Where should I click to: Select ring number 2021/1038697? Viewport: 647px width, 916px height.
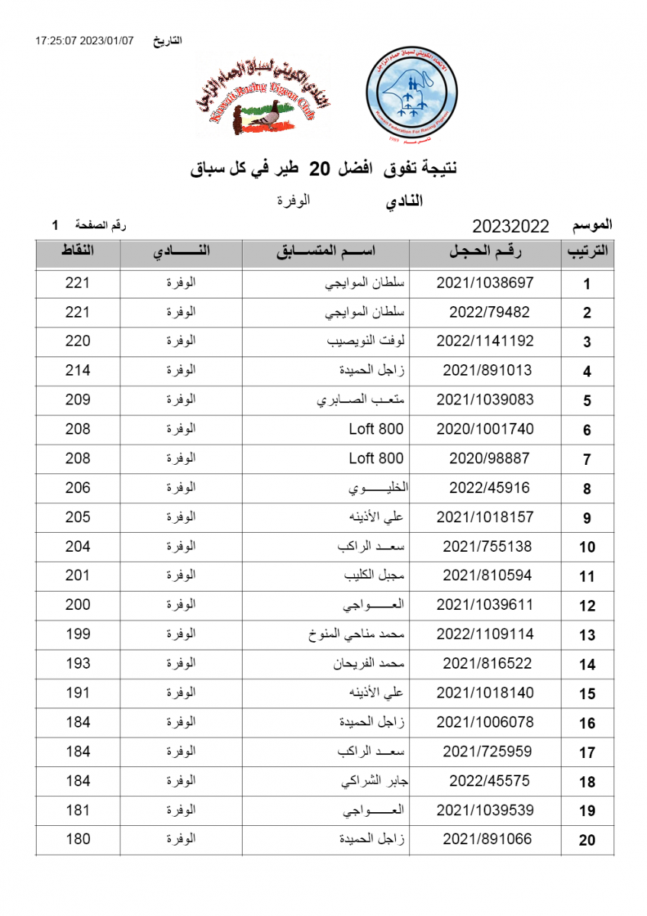point(484,283)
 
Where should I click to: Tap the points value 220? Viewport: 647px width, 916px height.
point(78,341)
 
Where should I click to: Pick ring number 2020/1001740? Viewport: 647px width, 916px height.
point(484,429)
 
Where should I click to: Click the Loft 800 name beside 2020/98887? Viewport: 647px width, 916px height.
point(376,459)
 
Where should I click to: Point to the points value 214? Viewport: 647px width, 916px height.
point(78,370)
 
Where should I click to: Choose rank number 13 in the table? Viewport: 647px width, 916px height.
point(587,635)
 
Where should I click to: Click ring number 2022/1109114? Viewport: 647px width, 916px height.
point(484,634)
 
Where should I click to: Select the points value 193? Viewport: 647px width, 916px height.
point(78,663)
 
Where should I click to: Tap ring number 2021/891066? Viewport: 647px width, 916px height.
point(487,839)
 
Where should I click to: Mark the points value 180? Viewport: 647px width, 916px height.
point(78,839)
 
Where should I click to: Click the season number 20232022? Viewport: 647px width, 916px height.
point(511,226)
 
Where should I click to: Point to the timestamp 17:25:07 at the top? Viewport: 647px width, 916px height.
point(61,40)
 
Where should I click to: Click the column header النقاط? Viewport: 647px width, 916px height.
point(78,251)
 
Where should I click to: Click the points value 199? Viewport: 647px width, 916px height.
point(78,634)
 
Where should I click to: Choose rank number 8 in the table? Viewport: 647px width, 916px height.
point(587,489)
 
